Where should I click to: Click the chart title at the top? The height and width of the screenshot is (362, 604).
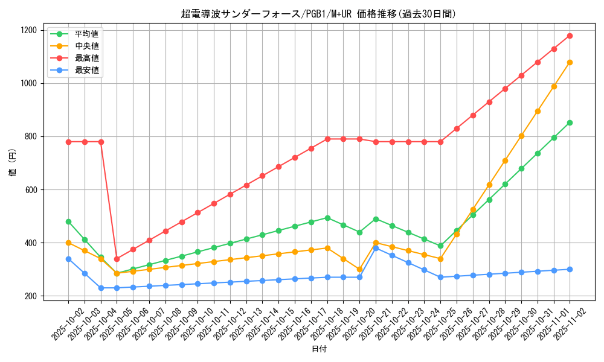(318, 13)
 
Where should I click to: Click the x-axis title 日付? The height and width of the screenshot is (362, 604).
(319, 349)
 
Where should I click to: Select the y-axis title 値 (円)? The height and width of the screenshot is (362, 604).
(13, 164)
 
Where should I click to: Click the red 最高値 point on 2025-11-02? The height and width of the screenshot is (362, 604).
(570, 36)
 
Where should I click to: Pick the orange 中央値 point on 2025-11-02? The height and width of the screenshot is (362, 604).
(570, 62)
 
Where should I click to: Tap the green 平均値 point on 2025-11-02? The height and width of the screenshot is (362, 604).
(570, 122)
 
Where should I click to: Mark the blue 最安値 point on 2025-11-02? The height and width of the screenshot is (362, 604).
(570, 269)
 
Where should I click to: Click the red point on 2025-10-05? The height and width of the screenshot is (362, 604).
(117, 259)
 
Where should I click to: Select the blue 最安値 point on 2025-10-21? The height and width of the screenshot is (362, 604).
(376, 248)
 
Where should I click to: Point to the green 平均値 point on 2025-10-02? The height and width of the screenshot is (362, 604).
(68, 221)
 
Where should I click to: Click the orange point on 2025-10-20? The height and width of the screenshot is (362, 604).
(359, 270)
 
